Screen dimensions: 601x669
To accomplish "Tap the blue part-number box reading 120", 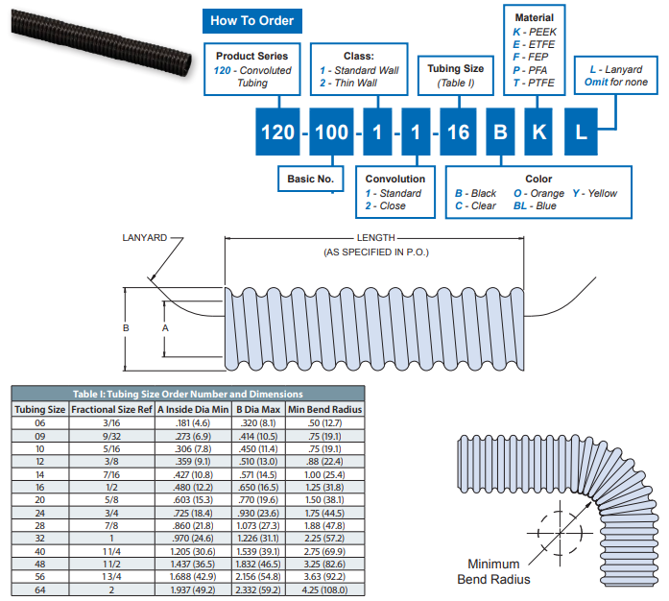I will (277, 132).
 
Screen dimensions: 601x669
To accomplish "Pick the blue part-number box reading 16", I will (459, 132).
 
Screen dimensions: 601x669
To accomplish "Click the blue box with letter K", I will (539, 132).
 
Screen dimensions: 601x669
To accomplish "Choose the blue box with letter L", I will (580, 132).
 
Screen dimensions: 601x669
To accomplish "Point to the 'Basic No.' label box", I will (310, 179).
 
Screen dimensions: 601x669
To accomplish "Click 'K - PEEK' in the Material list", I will (535, 32).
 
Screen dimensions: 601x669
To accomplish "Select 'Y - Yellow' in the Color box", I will (595, 193).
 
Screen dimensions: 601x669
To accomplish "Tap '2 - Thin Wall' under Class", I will (347, 84).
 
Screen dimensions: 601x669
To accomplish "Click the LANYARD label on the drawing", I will (145, 237).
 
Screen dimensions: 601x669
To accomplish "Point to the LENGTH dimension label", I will (376, 237).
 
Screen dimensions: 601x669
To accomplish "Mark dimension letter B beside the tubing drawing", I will (126, 328).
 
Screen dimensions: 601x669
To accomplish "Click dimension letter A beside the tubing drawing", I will (166, 328).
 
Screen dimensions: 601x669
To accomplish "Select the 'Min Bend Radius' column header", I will (325, 409).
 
